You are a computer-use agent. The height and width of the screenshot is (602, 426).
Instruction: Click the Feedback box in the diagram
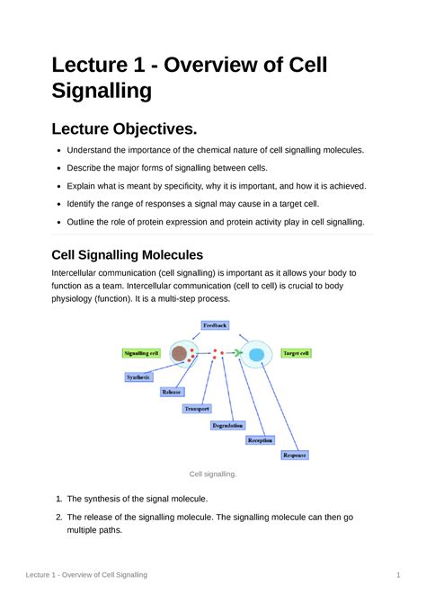click(x=216, y=324)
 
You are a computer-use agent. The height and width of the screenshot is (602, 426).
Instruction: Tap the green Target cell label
click(x=296, y=353)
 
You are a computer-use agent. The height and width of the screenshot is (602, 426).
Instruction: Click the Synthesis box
click(x=138, y=377)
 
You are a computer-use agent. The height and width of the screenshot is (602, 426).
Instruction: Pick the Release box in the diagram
click(x=172, y=392)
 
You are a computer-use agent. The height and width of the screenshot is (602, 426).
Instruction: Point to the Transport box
click(x=197, y=408)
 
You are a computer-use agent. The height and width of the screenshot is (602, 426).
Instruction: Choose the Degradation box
click(x=226, y=424)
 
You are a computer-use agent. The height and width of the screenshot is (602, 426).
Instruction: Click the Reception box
click(x=261, y=440)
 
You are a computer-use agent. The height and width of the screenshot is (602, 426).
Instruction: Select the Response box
click(x=295, y=456)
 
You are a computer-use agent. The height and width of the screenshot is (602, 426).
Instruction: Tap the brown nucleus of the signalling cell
click(x=179, y=354)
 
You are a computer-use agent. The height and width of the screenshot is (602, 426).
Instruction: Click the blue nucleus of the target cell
click(x=256, y=355)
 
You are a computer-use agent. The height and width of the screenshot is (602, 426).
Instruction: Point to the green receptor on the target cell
click(x=237, y=353)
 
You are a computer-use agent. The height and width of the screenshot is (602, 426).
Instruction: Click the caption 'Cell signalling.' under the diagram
click(x=212, y=474)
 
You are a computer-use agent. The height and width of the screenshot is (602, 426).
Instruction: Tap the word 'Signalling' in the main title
click(x=102, y=90)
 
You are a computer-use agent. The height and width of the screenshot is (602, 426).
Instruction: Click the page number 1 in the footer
click(x=396, y=573)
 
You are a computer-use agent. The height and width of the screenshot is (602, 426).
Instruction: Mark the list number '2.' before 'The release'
click(x=56, y=517)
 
